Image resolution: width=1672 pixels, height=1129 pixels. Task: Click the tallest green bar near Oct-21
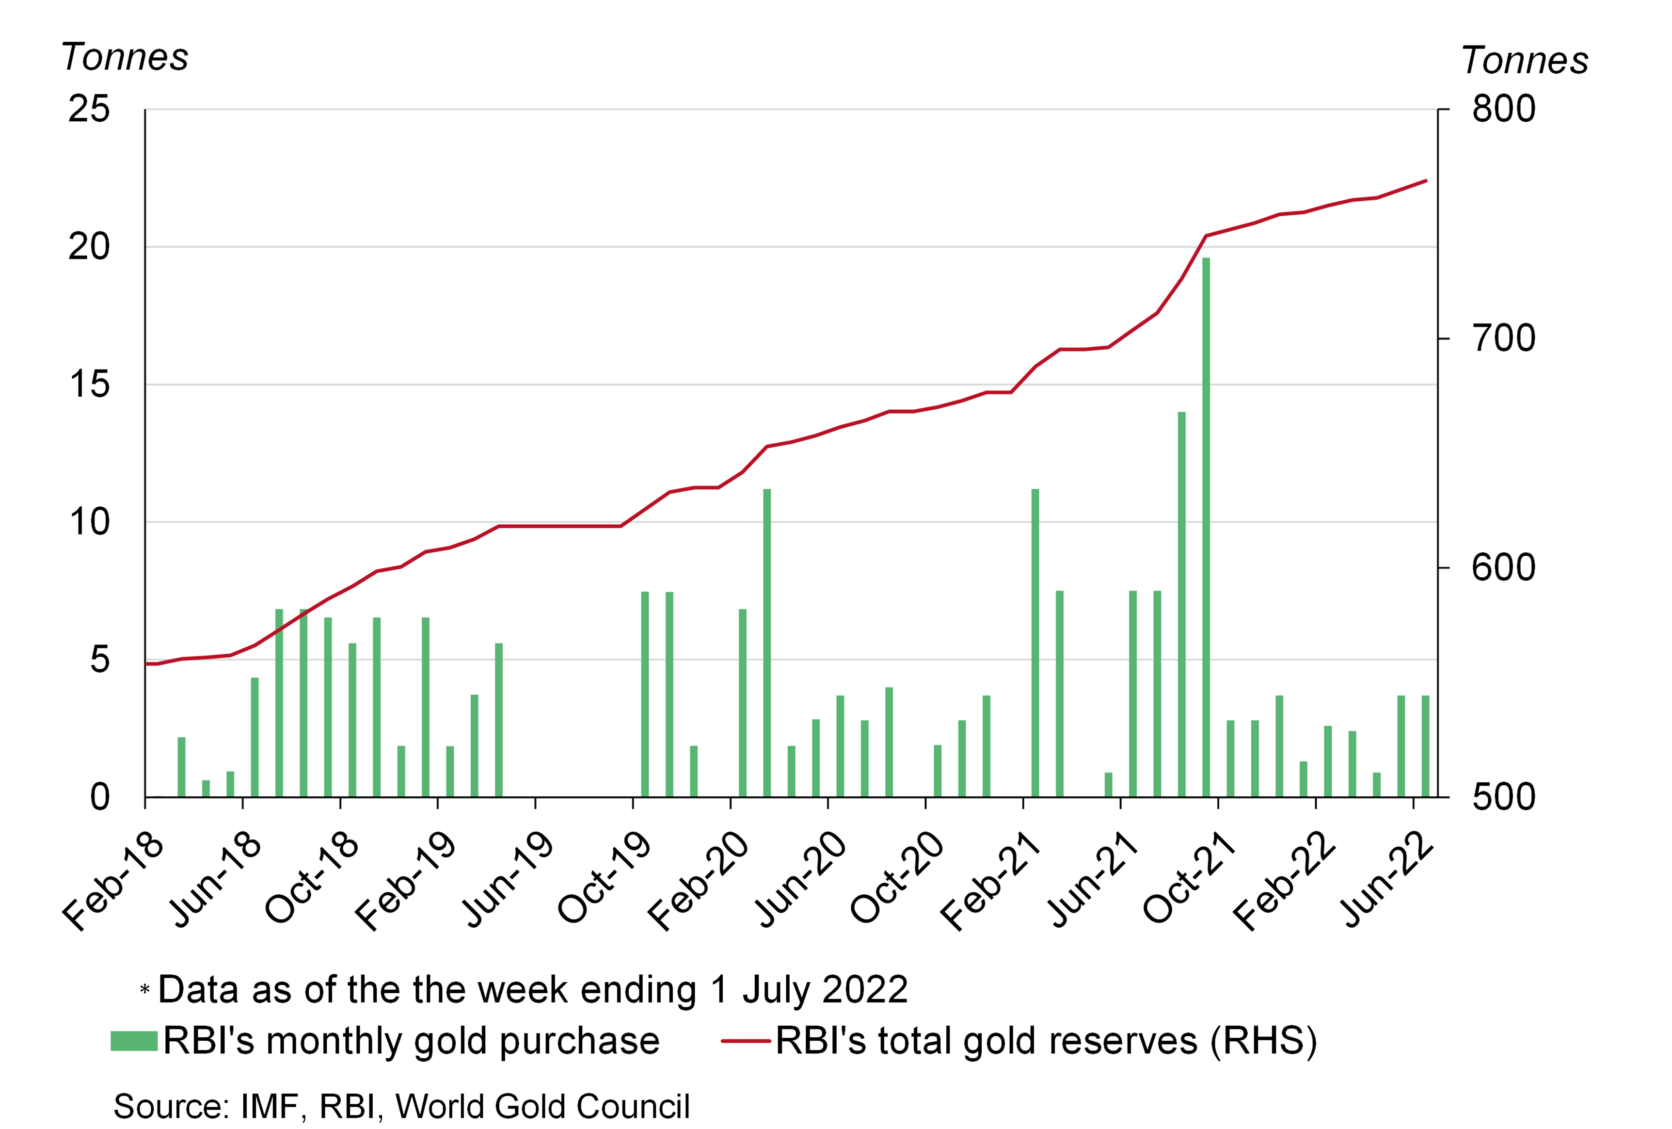[x=1206, y=525]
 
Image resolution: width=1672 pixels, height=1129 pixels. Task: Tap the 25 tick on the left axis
[x=89, y=110]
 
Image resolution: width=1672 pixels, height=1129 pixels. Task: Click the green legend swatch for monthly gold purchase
[x=134, y=1041]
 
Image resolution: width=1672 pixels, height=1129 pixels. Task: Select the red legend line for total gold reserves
[x=746, y=1041]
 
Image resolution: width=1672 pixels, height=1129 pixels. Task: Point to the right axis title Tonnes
[x=1525, y=61]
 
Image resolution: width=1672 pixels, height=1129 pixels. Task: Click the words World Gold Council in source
[x=542, y=1106]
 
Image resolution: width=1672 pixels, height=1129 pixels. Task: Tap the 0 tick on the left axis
[x=100, y=797]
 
